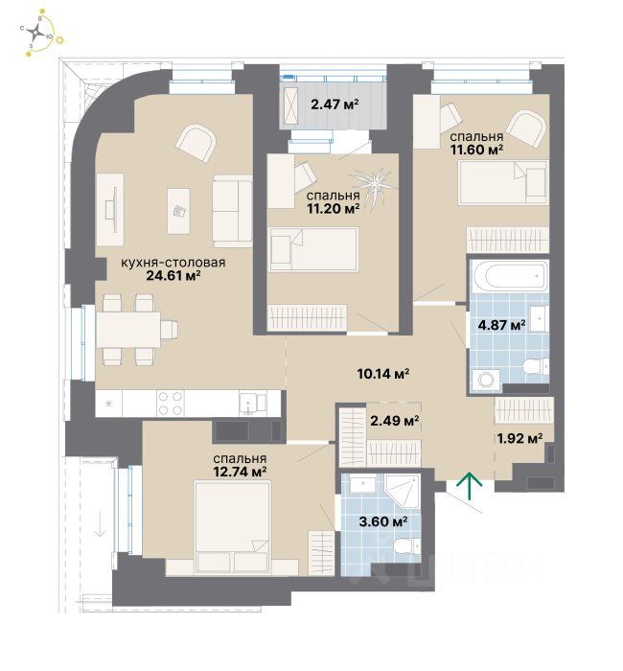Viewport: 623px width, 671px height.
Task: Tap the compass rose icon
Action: pyautogui.click(x=37, y=32)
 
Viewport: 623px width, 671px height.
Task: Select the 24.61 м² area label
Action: pyautogui.click(x=173, y=276)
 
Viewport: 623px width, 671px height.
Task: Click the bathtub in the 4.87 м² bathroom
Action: pyautogui.click(x=509, y=276)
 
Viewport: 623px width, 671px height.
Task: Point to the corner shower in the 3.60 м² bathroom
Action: pyautogui.click(x=403, y=491)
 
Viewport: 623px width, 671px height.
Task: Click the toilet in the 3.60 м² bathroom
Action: pyautogui.click(x=406, y=546)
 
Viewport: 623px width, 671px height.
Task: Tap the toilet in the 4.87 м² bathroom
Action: pyautogui.click(x=536, y=367)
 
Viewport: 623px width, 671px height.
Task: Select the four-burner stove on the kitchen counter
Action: pyautogui.click(x=172, y=404)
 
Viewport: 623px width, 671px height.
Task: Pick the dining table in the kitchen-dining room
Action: pyautogui.click(x=128, y=330)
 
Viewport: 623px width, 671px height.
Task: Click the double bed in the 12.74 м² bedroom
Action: pyautogui.click(x=232, y=527)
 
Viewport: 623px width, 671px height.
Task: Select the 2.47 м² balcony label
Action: pyautogui.click(x=335, y=104)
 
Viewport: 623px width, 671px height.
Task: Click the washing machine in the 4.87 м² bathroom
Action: pyautogui.click(x=486, y=380)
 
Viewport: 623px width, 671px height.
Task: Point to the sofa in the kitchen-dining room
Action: pyautogui.click(x=232, y=212)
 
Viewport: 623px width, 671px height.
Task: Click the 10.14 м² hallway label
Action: pyautogui.click(x=383, y=374)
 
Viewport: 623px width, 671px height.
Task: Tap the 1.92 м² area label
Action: pyautogui.click(x=519, y=438)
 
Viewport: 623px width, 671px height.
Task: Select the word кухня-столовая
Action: pyautogui.click(x=173, y=263)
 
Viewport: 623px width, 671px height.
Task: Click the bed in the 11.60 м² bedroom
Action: pyautogui.click(x=503, y=182)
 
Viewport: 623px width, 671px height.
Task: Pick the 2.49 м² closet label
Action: pyautogui.click(x=394, y=421)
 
